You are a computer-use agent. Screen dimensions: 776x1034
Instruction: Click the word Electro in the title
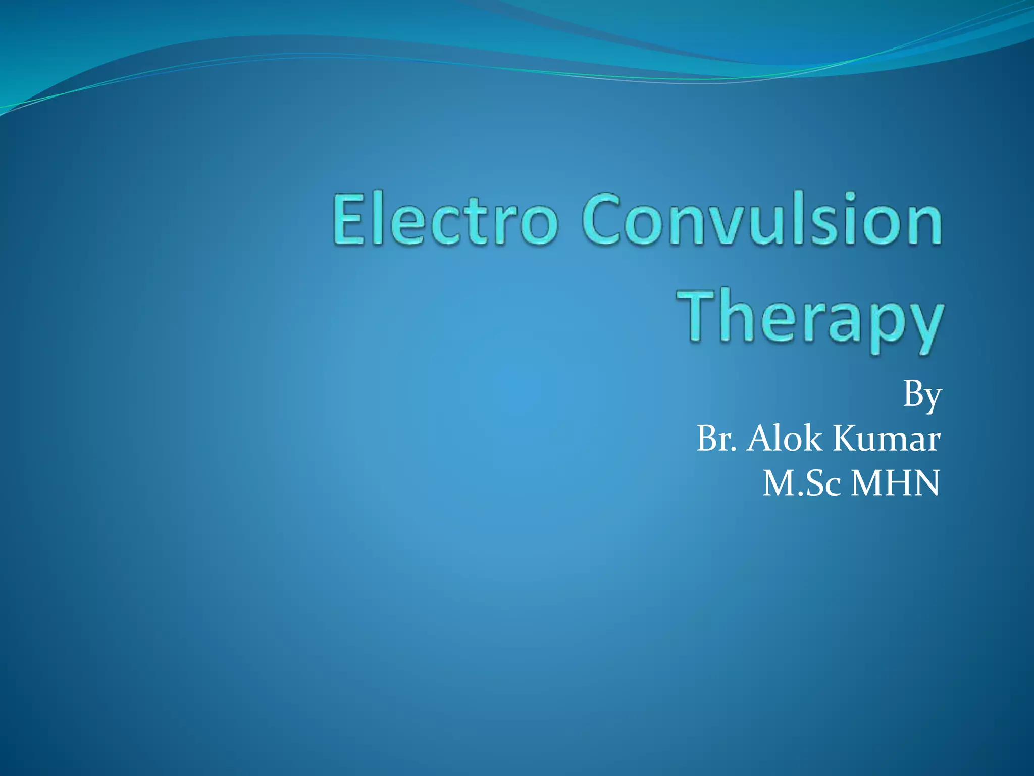pyautogui.click(x=445, y=221)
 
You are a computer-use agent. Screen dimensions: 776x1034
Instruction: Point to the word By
pyautogui.click(x=922, y=396)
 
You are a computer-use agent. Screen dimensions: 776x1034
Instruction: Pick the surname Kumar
pyautogui.click(x=887, y=439)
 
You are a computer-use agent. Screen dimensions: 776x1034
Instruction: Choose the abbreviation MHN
pyautogui.click(x=895, y=483)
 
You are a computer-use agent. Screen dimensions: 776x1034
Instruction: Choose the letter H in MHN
pyautogui.click(x=897, y=483)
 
